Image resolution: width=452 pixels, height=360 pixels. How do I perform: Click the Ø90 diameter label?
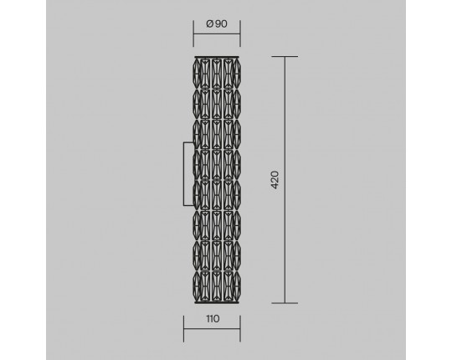[217, 23]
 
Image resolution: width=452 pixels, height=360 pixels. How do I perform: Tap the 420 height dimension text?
[275, 180]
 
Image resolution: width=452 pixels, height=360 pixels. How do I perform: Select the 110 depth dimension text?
[213, 319]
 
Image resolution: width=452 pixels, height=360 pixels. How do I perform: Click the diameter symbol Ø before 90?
[210, 23]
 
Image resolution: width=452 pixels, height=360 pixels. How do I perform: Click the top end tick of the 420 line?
[285, 56]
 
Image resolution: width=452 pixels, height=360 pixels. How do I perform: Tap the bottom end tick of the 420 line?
[285, 303]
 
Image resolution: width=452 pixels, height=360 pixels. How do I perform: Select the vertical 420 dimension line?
[285, 180]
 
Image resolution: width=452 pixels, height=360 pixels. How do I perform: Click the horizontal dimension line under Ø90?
[217, 34]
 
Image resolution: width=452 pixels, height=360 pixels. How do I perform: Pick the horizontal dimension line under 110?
[212, 328]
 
